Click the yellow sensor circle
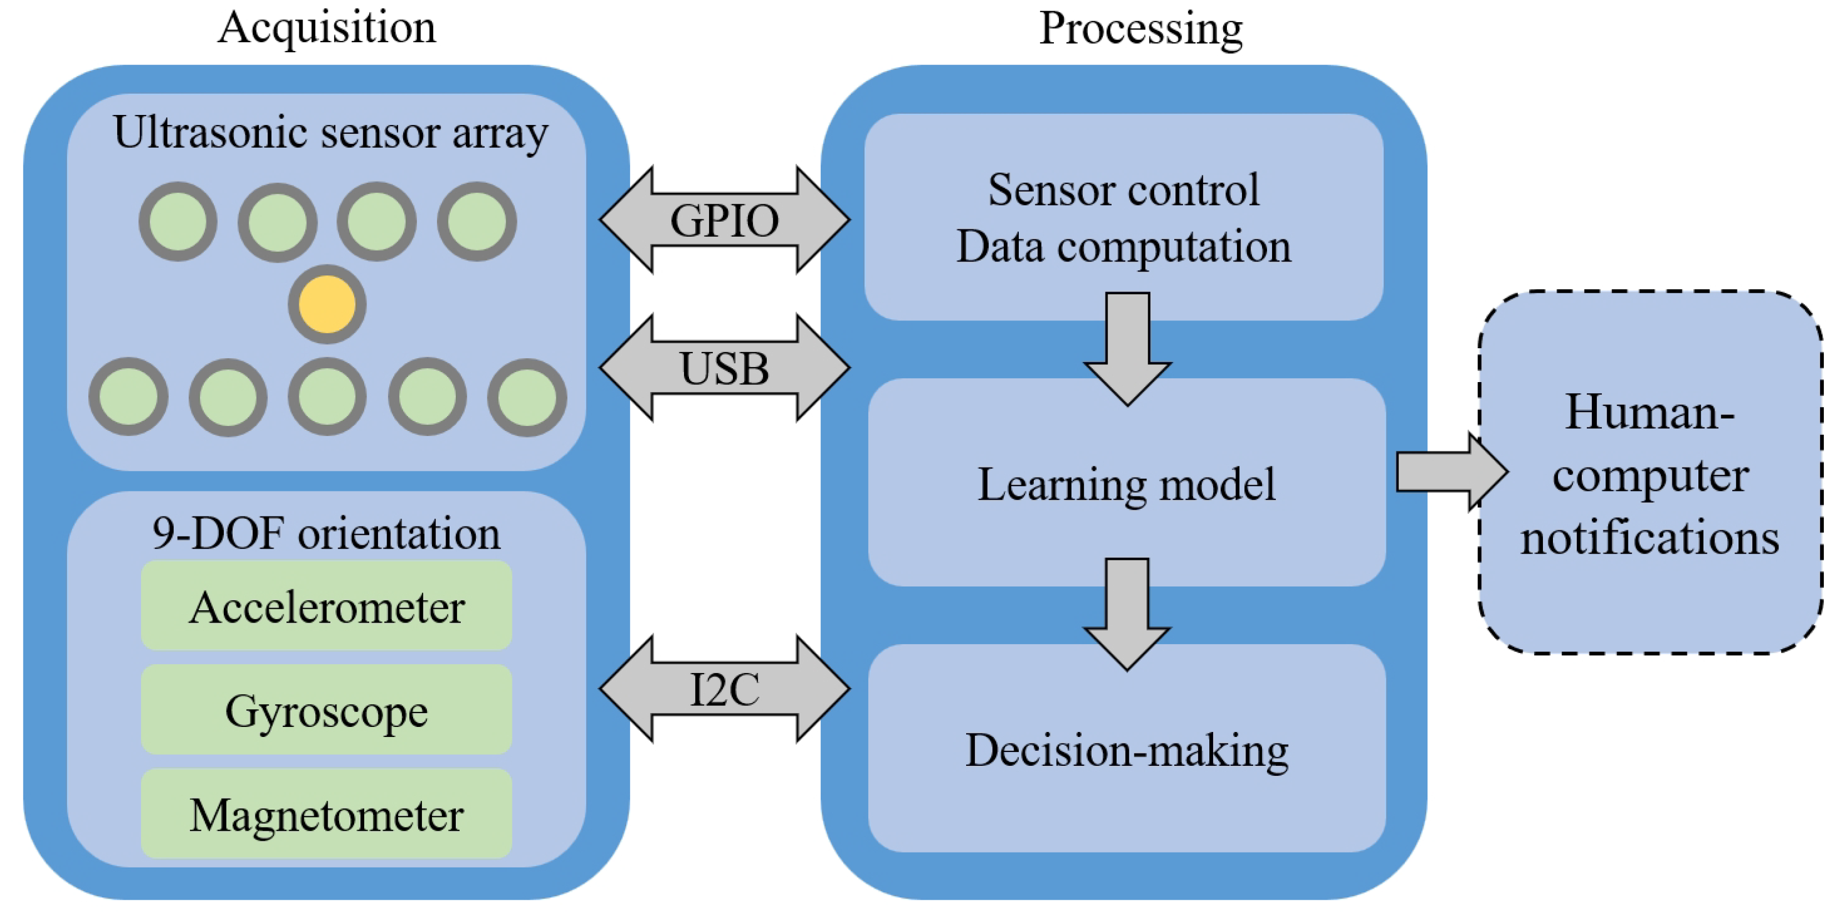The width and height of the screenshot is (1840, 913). [327, 305]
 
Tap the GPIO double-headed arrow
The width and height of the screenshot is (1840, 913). [725, 220]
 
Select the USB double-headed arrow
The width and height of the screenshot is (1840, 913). [725, 368]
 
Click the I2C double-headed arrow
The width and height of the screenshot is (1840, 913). [725, 689]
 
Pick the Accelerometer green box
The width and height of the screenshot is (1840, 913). [326, 606]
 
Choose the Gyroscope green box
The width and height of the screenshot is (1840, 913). [326, 710]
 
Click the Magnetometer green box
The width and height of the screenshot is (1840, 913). [326, 814]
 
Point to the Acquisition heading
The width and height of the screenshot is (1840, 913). [326, 28]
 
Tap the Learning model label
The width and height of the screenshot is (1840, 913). [1126, 484]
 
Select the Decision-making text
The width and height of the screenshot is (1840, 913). [1127, 750]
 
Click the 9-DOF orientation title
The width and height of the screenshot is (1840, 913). [326, 533]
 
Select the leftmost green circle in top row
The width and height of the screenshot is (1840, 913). [178, 222]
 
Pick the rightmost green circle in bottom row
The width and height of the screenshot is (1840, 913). [527, 397]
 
